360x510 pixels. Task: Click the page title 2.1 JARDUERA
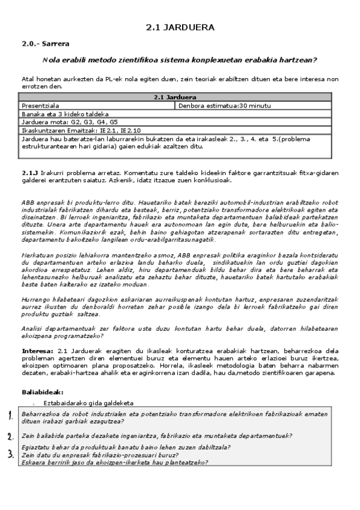[180, 28]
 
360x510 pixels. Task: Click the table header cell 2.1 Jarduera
[175, 97]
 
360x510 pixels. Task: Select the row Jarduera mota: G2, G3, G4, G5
[70, 121]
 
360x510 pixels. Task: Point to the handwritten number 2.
[10, 436]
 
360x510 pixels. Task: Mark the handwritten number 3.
[10, 454]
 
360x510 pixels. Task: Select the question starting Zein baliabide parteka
[156, 435]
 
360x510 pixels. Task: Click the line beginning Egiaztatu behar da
[126, 447]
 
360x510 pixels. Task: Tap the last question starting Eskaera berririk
[114, 462]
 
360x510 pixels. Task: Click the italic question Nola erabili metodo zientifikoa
[180, 60]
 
